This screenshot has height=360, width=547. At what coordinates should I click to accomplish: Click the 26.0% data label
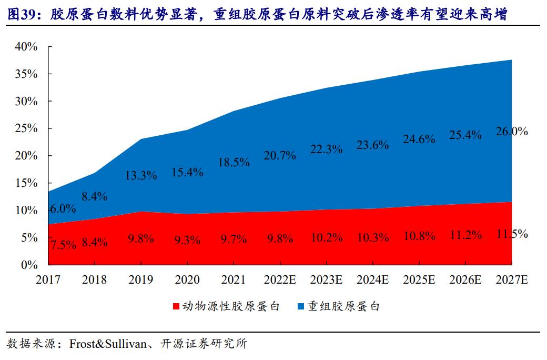click(x=511, y=132)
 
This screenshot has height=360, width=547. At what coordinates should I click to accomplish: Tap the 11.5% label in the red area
click(x=511, y=234)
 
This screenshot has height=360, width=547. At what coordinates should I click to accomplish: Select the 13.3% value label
click(x=141, y=175)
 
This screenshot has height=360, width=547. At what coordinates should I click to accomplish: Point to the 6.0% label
click(x=63, y=208)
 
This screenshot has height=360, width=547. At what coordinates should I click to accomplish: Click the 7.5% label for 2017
click(x=63, y=244)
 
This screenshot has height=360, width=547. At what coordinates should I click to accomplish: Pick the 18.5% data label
click(x=234, y=162)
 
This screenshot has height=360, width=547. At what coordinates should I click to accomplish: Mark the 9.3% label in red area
click(x=187, y=240)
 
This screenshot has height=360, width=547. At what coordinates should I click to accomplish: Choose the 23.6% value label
click(x=372, y=145)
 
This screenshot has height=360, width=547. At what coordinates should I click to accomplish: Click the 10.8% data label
click(x=419, y=236)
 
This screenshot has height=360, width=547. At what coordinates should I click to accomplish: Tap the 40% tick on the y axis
click(x=26, y=46)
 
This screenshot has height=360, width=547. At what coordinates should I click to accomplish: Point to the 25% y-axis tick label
click(x=26, y=128)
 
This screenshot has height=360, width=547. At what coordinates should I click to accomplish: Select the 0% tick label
click(x=29, y=265)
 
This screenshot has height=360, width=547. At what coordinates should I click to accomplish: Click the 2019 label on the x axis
click(x=141, y=280)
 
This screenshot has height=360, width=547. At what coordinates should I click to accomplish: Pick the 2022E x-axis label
click(x=280, y=280)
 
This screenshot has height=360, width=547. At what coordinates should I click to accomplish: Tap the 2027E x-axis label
click(x=512, y=280)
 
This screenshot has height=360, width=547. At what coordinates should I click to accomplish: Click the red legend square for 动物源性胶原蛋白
click(x=176, y=306)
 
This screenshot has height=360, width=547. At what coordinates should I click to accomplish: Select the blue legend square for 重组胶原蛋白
click(x=301, y=306)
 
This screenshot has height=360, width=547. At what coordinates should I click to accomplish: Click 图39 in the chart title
click(x=21, y=15)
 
